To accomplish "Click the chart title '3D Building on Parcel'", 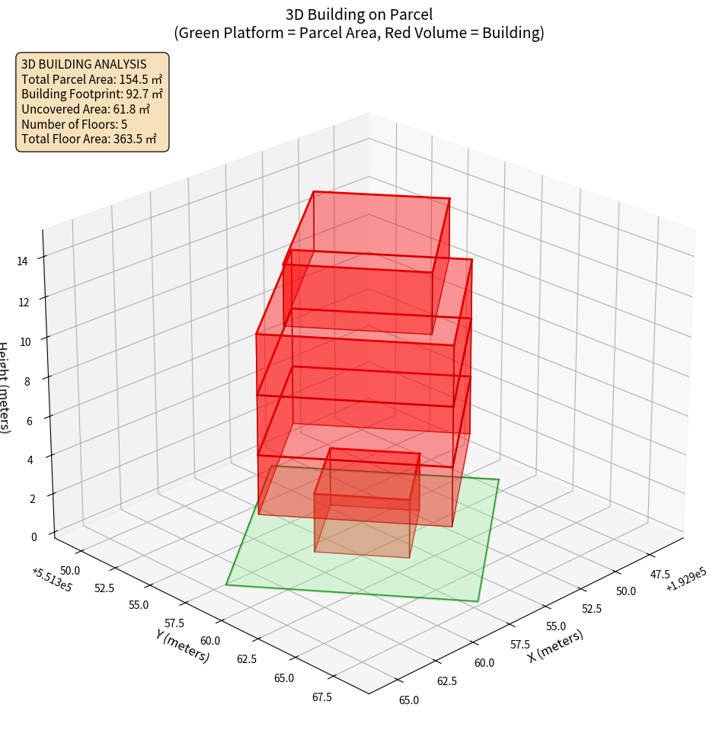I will click(359, 14).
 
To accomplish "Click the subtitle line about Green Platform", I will click(359, 33).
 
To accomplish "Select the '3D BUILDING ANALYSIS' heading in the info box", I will click(84, 64).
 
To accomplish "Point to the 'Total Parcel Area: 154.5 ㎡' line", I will click(91, 79).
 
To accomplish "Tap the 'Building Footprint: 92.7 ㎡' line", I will click(92, 94).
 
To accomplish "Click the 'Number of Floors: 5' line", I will click(74, 124).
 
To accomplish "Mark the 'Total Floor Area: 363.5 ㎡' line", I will click(89, 139).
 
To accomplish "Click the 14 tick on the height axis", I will click(23, 261).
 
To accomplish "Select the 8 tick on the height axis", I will click(27, 379).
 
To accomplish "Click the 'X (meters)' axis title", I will click(555, 645).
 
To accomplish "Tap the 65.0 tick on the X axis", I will click(408, 700).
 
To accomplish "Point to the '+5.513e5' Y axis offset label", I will click(52, 579).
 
